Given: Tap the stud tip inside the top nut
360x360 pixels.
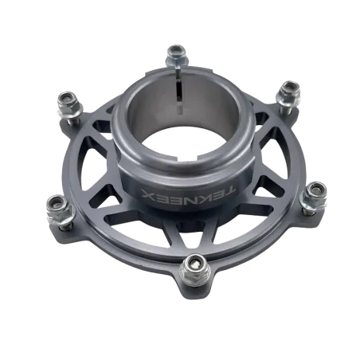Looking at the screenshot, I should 176,51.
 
